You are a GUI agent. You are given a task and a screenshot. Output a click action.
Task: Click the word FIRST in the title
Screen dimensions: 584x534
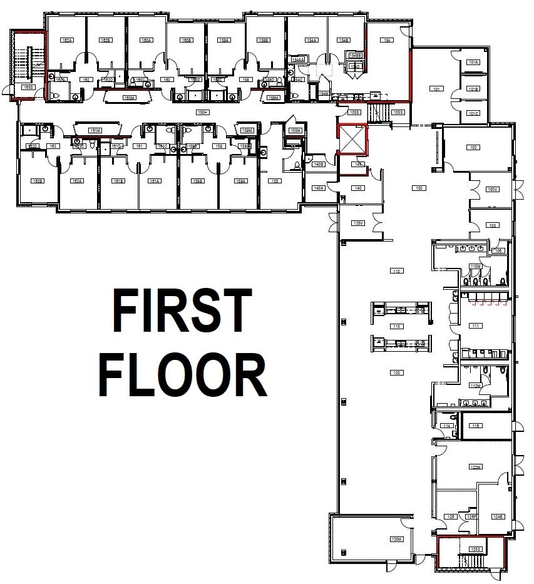(182, 310)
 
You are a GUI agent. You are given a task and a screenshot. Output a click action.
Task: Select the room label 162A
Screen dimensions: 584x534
(67, 40)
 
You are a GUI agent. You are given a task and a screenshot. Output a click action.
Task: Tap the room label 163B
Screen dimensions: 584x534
(38, 181)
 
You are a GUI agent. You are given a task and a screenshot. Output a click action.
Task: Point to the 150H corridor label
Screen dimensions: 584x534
(202, 113)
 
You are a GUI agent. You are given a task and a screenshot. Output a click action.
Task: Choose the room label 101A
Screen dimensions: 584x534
(473, 63)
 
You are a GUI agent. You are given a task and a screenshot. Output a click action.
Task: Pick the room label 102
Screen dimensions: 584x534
(474, 148)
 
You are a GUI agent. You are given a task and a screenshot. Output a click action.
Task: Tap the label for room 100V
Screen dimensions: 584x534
(492, 189)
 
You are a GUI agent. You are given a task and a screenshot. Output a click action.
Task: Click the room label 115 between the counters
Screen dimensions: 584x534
(396, 326)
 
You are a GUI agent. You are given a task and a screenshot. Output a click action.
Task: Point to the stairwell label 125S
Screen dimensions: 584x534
(475, 550)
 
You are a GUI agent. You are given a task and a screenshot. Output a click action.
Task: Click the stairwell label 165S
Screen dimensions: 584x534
(28, 88)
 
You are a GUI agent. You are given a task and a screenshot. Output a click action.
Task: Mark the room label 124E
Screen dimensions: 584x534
(498, 516)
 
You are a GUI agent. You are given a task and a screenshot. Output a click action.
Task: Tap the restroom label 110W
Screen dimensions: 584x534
(475, 267)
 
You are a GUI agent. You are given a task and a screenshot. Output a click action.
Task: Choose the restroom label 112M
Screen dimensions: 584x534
(475, 386)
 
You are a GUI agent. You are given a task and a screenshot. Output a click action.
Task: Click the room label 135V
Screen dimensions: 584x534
(358, 223)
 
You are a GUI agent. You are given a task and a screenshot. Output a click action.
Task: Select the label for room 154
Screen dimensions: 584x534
(388, 40)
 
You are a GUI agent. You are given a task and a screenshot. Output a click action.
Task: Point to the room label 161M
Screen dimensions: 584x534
(95, 131)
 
